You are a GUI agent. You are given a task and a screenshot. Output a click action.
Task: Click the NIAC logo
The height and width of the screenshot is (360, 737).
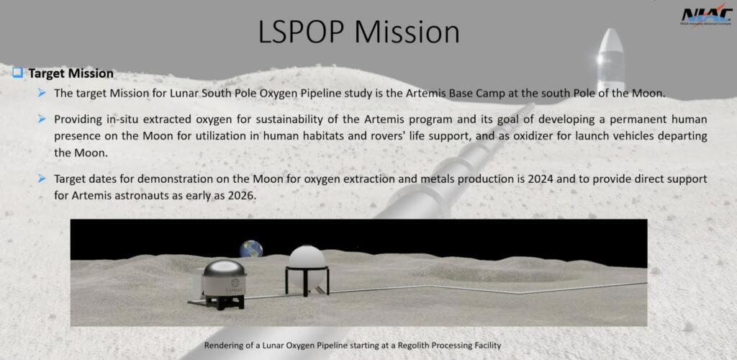point(706,17)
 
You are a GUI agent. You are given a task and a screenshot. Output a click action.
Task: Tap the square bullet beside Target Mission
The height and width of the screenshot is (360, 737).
point(18,73)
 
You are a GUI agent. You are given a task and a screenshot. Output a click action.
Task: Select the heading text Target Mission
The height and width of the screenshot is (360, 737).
point(71,73)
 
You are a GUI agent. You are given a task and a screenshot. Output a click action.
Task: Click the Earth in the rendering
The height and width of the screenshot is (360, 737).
point(251,249)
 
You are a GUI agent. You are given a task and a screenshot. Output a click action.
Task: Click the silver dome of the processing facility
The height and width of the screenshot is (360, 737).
point(224,269)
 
